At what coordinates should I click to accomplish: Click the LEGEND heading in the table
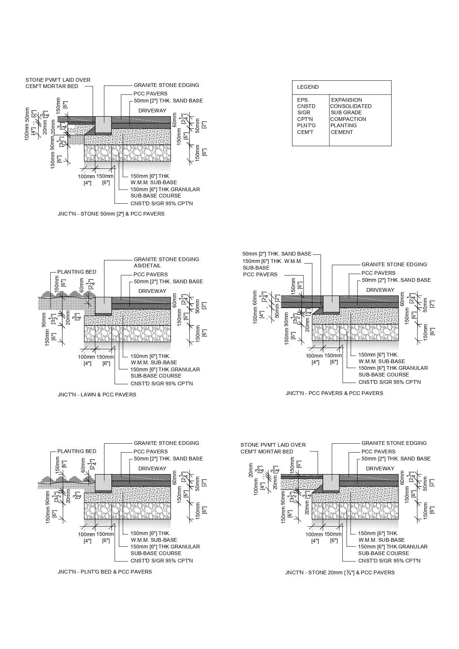tap(308, 87)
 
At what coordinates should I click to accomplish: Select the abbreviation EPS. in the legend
tap(303, 100)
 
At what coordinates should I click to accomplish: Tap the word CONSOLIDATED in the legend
tap(351, 106)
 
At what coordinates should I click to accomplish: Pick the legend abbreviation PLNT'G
tap(306, 125)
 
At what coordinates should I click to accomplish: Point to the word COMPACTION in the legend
tap(348, 119)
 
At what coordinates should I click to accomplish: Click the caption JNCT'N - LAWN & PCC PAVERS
tap(97, 395)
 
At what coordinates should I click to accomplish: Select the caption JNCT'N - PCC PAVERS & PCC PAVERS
tap(334, 393)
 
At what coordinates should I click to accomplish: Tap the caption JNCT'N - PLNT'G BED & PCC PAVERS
tap(104, 572)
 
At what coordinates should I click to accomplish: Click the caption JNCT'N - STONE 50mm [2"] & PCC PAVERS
tap(111, 214)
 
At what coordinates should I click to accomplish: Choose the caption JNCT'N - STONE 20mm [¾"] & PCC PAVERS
tap(339, 572)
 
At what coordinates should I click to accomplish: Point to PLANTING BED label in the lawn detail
tap(77, 272)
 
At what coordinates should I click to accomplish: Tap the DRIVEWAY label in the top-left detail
tap(152, 111)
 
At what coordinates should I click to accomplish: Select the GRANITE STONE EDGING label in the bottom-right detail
tap(394, 443)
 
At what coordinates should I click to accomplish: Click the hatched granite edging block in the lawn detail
tap(103, 305)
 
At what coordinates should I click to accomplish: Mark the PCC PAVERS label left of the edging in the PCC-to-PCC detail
tap(260, 274)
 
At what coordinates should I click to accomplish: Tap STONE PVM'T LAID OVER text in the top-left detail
tap(58, 80)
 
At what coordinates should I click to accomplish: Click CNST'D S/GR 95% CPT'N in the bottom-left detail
tap(161, 561)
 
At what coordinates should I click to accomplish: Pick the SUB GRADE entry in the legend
tap(346, 112)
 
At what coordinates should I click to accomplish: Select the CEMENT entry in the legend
tap(342, 132)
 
